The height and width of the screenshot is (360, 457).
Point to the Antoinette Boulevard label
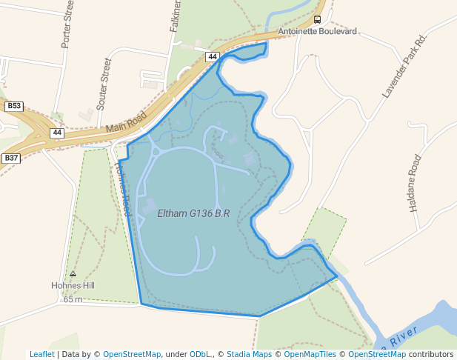(317, 32)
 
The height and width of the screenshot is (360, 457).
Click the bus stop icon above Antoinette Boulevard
(317, 20)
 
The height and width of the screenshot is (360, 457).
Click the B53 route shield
(14, 107)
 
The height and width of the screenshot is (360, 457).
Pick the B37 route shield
(11, 158)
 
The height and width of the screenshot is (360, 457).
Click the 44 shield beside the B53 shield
(57, 133)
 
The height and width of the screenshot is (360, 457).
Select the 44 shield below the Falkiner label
(213, 56)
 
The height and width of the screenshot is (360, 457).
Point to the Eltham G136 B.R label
(193, 213)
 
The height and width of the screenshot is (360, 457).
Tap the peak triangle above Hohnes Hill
(73, 273)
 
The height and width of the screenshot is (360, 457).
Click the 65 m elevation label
(73, 299)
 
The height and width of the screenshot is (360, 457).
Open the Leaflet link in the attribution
(41, 354)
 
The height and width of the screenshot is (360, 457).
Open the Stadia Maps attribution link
(250, 354)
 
